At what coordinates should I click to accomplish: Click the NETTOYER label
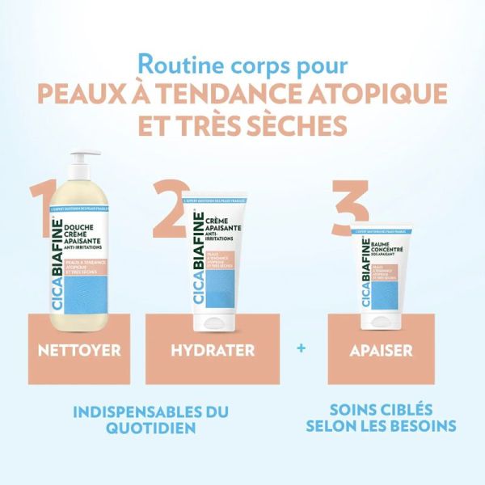click(79, 351)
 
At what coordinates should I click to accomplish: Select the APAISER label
click(382, 351)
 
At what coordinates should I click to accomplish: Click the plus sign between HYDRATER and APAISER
click(302, 349)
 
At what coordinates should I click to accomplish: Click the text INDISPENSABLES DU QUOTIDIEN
click(151, 420)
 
